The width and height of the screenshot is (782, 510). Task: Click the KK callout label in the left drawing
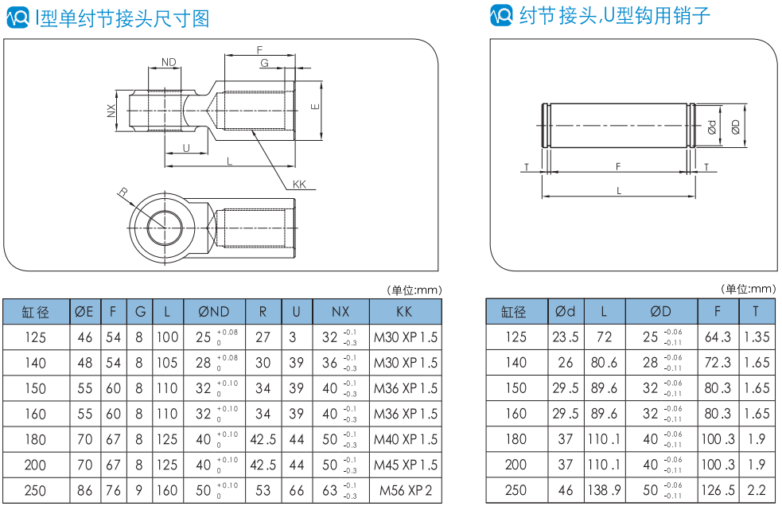pos(299,184)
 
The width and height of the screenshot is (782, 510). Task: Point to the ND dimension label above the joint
pos(169,62)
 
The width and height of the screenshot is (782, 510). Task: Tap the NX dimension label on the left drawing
pos(111,111)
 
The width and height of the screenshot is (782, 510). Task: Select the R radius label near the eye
pos(123,192)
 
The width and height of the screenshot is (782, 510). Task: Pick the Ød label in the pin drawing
pos(712,127)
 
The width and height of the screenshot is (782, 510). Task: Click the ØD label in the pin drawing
pos(735,127)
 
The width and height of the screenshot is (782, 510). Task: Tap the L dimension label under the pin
pos(619,191)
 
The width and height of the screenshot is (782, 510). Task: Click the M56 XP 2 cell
pos(406,491)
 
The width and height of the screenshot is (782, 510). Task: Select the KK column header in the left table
pos(404,312)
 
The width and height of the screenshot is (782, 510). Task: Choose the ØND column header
pos(213,312)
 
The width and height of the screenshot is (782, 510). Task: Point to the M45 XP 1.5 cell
pos(406,465)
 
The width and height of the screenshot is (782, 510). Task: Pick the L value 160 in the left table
pos(167,491)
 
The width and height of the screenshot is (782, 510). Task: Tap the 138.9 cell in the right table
pos(604,490)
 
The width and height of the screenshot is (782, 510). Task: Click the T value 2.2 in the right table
pos(756,490)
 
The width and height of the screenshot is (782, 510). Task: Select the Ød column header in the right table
pos(565,311)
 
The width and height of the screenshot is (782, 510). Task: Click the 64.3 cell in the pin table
pos(718,337)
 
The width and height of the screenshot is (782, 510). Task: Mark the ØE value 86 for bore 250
pos(85,491)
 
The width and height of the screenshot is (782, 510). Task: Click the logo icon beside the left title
pos(18,18)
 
